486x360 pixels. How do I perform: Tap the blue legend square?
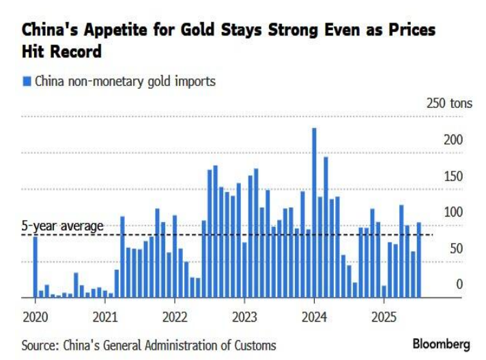pos(27,81)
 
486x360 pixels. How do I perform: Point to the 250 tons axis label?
pos(448,104)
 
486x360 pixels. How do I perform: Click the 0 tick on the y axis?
pos(459,284)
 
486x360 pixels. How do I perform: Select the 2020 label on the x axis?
pos(35,317)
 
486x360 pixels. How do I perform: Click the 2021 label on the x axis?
pos(104,317)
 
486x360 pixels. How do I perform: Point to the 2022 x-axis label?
pos(174,317)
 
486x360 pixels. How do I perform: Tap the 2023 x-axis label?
pos(244,317)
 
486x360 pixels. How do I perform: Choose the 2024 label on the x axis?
pos(313,317)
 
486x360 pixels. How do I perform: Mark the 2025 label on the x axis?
pos(384,317)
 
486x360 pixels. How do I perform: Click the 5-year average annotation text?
pos(62,226)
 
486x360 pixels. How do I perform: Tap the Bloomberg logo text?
pos(441,344)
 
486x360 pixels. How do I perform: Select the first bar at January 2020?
pos(35,267)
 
